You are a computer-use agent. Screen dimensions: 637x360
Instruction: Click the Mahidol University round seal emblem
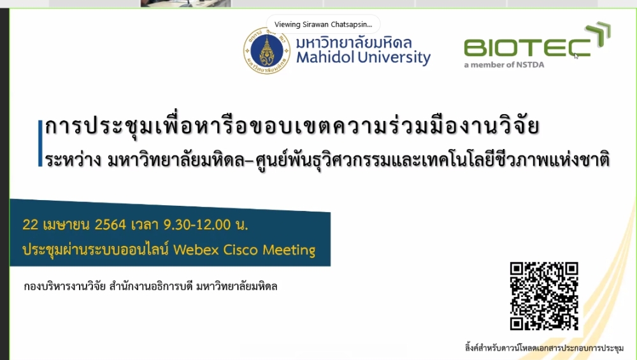pos(266,51)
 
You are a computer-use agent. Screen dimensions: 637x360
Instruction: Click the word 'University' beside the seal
pos(390,58)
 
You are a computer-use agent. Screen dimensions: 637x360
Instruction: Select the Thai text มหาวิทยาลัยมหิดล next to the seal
pos(354,43)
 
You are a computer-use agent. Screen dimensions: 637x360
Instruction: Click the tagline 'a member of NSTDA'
pos(504,64)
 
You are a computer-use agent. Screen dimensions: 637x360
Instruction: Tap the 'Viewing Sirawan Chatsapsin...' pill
pos(324,24)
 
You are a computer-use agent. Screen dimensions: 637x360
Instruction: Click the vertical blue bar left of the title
pos(40,143)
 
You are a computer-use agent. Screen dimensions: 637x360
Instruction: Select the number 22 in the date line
pos(30,225)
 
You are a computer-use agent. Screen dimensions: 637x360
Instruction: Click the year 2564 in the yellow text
pos(110,225)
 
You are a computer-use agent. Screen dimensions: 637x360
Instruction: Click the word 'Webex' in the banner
pos(196,250)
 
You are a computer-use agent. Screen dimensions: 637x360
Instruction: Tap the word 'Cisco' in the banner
pos(241,250)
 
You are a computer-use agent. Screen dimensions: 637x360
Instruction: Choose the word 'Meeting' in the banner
pos(289,250)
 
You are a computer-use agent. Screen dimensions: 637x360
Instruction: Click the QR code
pos(544,296)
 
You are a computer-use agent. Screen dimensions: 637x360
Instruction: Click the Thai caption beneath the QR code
pos(545,348)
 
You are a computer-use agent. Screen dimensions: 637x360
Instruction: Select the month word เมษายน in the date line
pos(66,225)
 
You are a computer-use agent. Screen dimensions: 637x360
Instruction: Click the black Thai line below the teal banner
pos(150,287)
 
